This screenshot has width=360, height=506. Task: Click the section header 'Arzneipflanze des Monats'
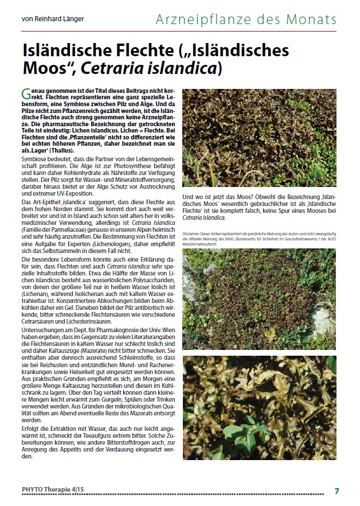[x=246, y=20]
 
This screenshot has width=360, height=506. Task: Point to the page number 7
[x=337, y=491]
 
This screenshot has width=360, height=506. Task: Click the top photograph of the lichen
[x=259, y=137]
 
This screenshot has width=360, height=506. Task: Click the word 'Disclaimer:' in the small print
[x=193, y=235]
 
